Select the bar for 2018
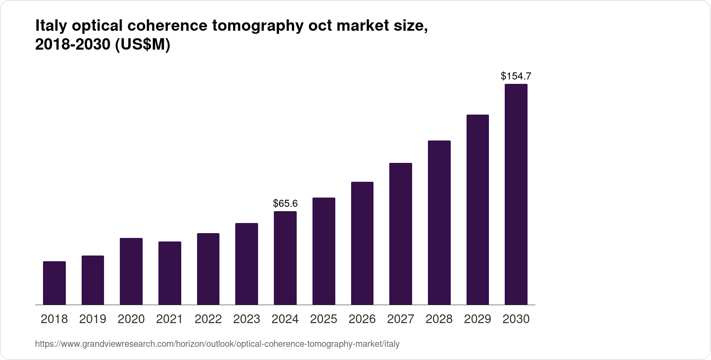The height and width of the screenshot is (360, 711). point(54,283)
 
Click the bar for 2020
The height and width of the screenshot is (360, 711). point(131,271)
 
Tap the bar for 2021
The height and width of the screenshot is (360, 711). point(170,273)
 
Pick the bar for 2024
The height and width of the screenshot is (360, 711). point(285,258)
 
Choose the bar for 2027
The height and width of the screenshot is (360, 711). point(400,234)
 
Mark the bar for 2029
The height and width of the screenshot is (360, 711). point(478,209)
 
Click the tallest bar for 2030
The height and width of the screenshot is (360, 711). point(516,194)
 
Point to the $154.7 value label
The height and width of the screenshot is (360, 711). point(516,76)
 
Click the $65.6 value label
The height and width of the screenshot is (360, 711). point(285,203)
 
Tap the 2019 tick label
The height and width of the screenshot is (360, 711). point(93,319)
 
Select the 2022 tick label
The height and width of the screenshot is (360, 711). point(208,319)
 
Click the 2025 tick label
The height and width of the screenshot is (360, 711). point(323,319)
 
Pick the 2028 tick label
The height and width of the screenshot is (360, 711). point(439,319)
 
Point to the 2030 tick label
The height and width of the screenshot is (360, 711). point(516,319)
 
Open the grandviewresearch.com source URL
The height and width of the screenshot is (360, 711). point(217,344)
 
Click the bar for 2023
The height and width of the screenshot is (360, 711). point(247,263)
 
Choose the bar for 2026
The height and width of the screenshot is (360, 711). point(362,243)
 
